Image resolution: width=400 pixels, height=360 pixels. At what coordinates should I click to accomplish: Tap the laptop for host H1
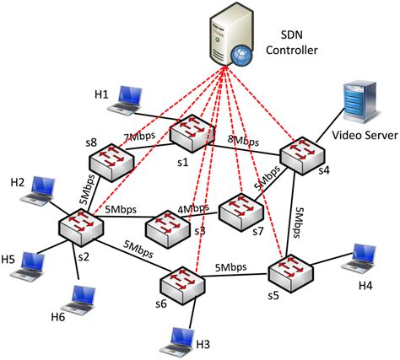click(129, 98)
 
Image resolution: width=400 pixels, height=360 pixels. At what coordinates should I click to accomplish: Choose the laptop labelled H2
click(42, 189)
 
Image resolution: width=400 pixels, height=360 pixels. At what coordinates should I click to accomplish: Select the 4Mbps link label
click(192, 207)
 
